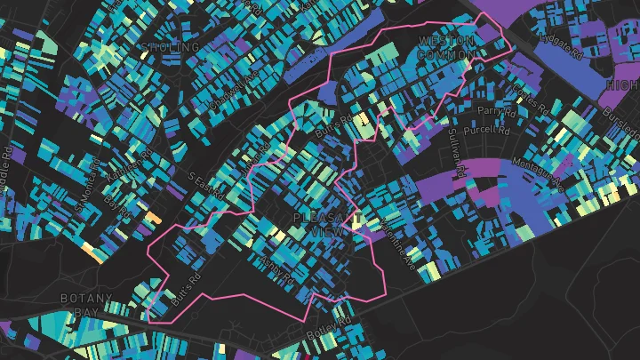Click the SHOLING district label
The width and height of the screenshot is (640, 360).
click(171, 46)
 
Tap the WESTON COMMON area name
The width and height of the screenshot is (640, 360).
click(447, 48)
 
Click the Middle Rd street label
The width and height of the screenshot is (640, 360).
click(253, 161)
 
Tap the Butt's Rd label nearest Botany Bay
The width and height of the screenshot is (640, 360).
click(188, 290)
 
